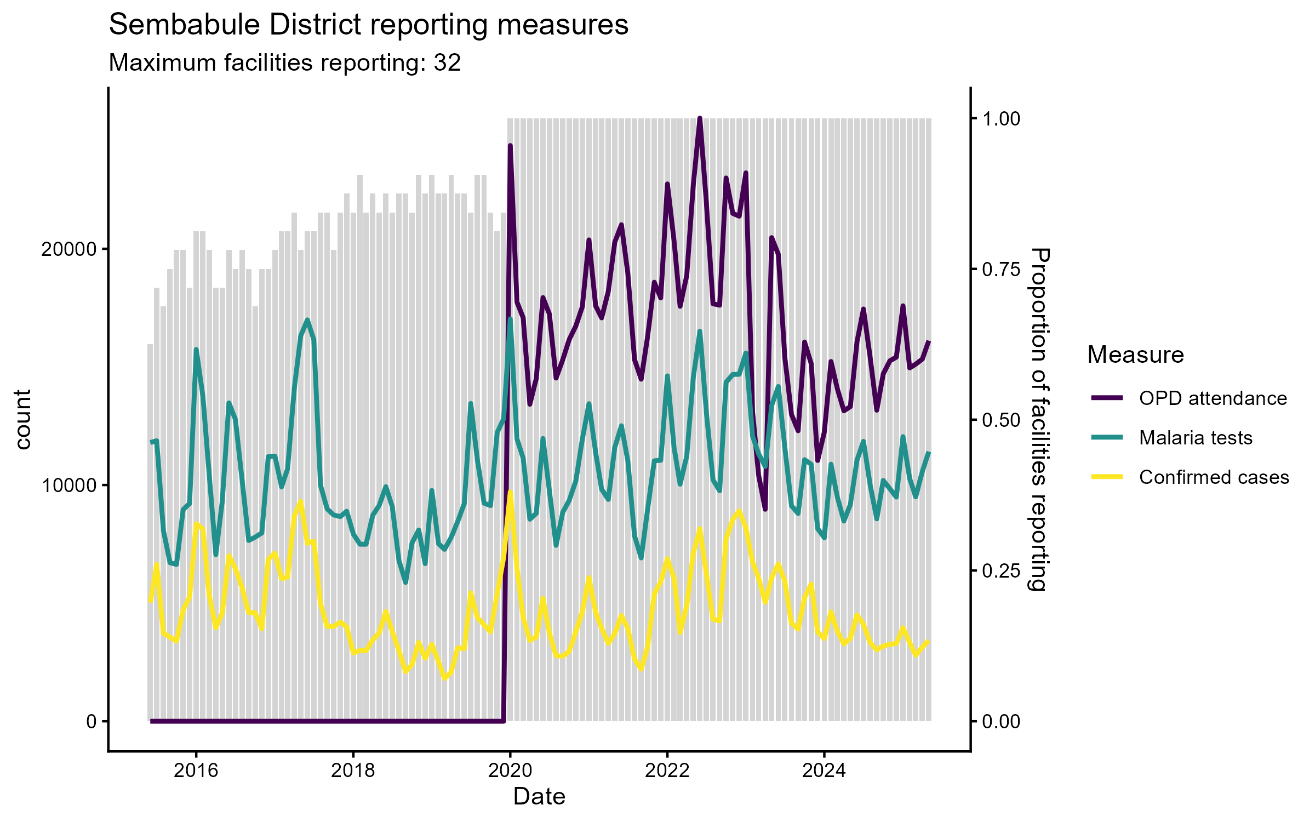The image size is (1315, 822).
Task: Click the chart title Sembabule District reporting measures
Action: coord(368,25)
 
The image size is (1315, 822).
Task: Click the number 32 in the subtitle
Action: coord(447,63)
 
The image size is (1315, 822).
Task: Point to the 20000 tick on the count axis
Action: coord(68,249)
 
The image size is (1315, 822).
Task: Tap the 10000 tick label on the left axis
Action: coord(68,486)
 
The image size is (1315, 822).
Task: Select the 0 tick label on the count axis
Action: coord(92,722)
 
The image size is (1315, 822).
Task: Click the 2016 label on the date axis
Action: coord(196,771)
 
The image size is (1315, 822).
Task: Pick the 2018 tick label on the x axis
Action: coord(353,771)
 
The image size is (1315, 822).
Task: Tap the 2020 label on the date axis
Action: coord(510,771)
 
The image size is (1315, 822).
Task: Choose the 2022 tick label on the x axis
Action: coord(667,771)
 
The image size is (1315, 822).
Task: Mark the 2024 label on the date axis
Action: coord(824,771)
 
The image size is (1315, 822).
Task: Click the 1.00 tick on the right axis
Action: coord(1001,119)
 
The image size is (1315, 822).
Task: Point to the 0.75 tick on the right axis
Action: coord(1001,270)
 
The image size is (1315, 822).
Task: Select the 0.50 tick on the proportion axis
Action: coord(1001,420)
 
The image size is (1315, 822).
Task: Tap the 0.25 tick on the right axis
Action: coord(1001,571)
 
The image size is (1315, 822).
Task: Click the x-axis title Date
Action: coord(539,797)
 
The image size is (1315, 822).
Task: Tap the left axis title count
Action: coord(23,420)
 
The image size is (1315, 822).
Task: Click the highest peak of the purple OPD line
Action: coord(700,118)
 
